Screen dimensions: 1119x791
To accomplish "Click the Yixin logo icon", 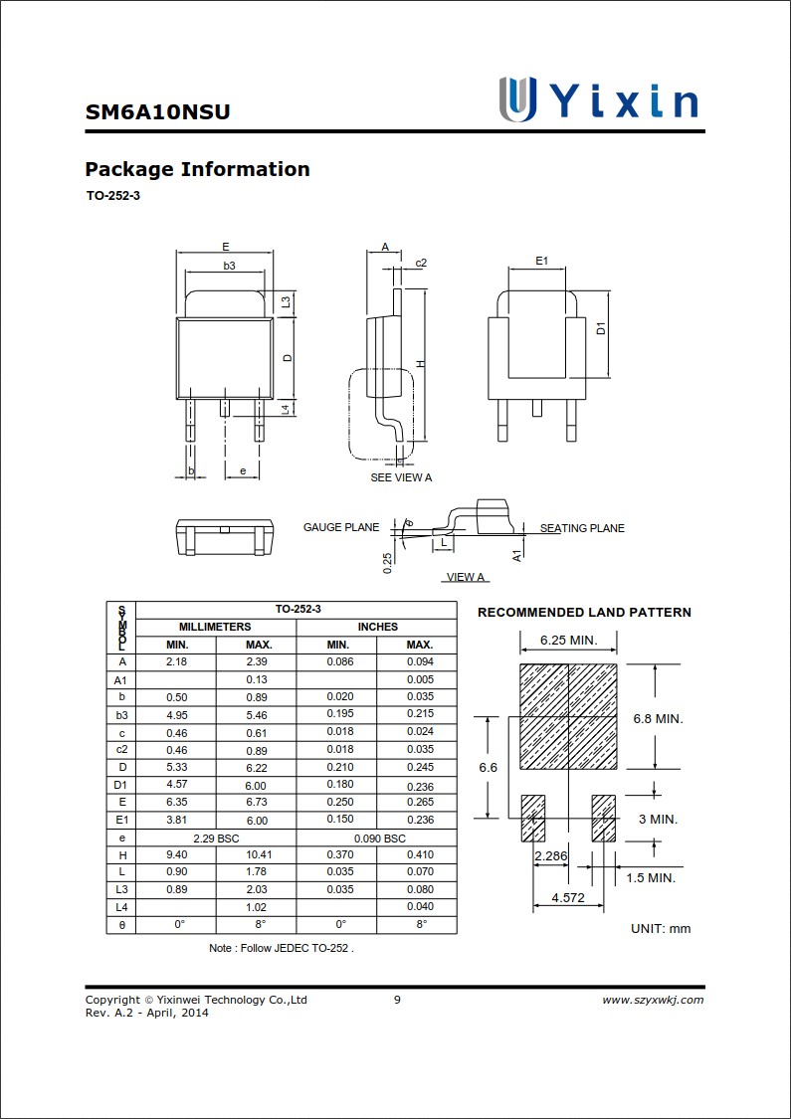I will click(517, 99).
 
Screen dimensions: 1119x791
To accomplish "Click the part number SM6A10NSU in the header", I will click(157, 111).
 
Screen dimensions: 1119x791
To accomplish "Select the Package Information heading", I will click(197, 169).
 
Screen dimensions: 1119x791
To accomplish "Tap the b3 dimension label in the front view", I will click(229, 266).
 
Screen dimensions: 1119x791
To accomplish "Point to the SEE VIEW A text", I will click(401, 477).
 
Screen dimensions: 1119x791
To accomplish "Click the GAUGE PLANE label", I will click(341, 527).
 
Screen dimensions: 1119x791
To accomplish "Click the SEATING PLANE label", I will click(582, 528).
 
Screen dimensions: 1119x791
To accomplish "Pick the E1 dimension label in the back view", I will click(541, 261).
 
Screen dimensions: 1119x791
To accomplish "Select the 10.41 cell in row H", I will click(259, 854).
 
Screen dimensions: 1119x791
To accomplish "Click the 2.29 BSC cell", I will click(216, 838).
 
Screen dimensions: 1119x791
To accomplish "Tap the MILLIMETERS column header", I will click(215, 627).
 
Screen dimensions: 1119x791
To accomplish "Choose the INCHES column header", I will click(377, 627).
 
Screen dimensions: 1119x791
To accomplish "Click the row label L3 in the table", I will click(121, 889).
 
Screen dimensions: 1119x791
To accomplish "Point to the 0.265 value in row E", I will click(419, 802).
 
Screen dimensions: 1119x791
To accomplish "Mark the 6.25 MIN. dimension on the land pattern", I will click(568, 640).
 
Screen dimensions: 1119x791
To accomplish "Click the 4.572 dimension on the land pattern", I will click(554, 898).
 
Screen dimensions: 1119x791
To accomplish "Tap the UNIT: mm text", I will click(660, 928).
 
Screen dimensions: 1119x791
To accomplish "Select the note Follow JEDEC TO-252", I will click(282, 948).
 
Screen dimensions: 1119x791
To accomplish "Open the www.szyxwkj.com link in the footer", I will click(653, 1000).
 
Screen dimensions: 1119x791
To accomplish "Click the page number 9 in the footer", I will click(397, 1000).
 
